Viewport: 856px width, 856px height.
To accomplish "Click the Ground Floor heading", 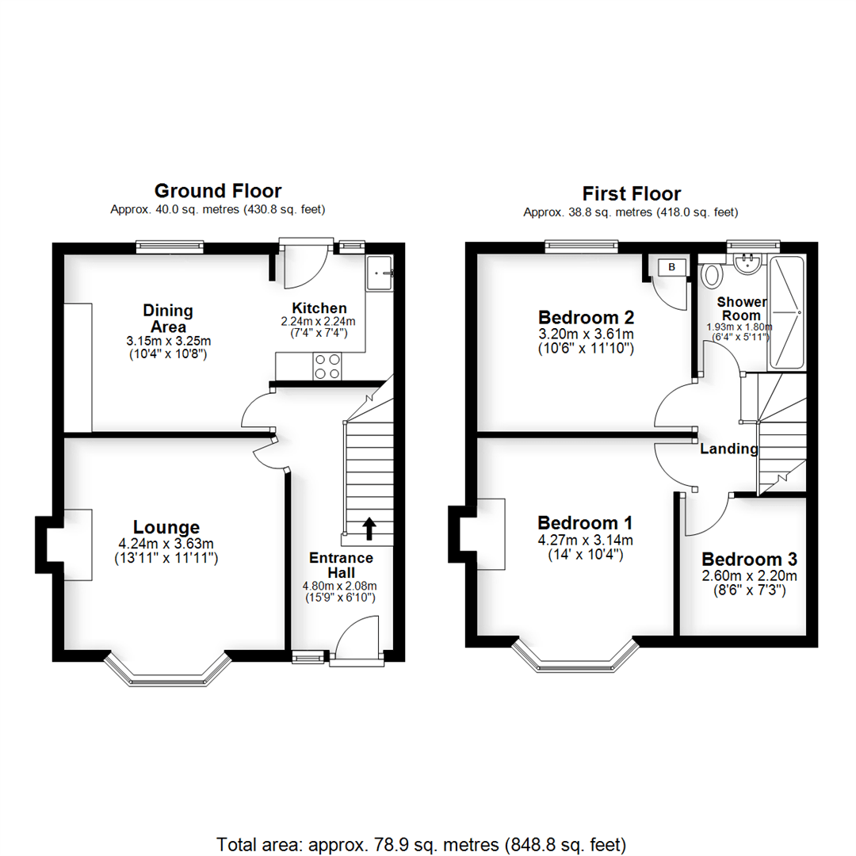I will (x=217, y=191).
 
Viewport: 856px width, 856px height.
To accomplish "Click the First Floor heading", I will (x=631, y=193).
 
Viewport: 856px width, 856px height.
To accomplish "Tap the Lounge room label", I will (x=166, y=527).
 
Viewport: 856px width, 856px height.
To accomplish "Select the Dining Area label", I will (x=168, y=318).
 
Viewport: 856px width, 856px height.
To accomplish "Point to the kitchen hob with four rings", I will (x=327, y=366).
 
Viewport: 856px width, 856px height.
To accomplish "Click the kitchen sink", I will (x=379, y=273).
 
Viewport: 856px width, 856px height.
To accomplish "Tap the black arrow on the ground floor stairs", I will (x=369, y=525).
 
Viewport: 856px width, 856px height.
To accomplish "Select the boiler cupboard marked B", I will (x=671, y=268).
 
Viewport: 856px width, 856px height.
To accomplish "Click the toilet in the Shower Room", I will (x=713, y=275).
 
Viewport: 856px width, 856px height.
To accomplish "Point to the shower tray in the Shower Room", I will (x=787, y=312).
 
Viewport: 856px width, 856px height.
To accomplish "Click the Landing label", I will (x=728, y=449).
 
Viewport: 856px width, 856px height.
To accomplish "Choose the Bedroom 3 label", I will (x=749, y=557).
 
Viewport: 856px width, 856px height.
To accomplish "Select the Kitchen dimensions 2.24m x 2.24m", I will (x=319, y=322).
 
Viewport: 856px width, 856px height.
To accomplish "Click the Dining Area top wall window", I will (x=169, y=247).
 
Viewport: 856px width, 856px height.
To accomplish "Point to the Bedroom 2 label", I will (x=585, y=318).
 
